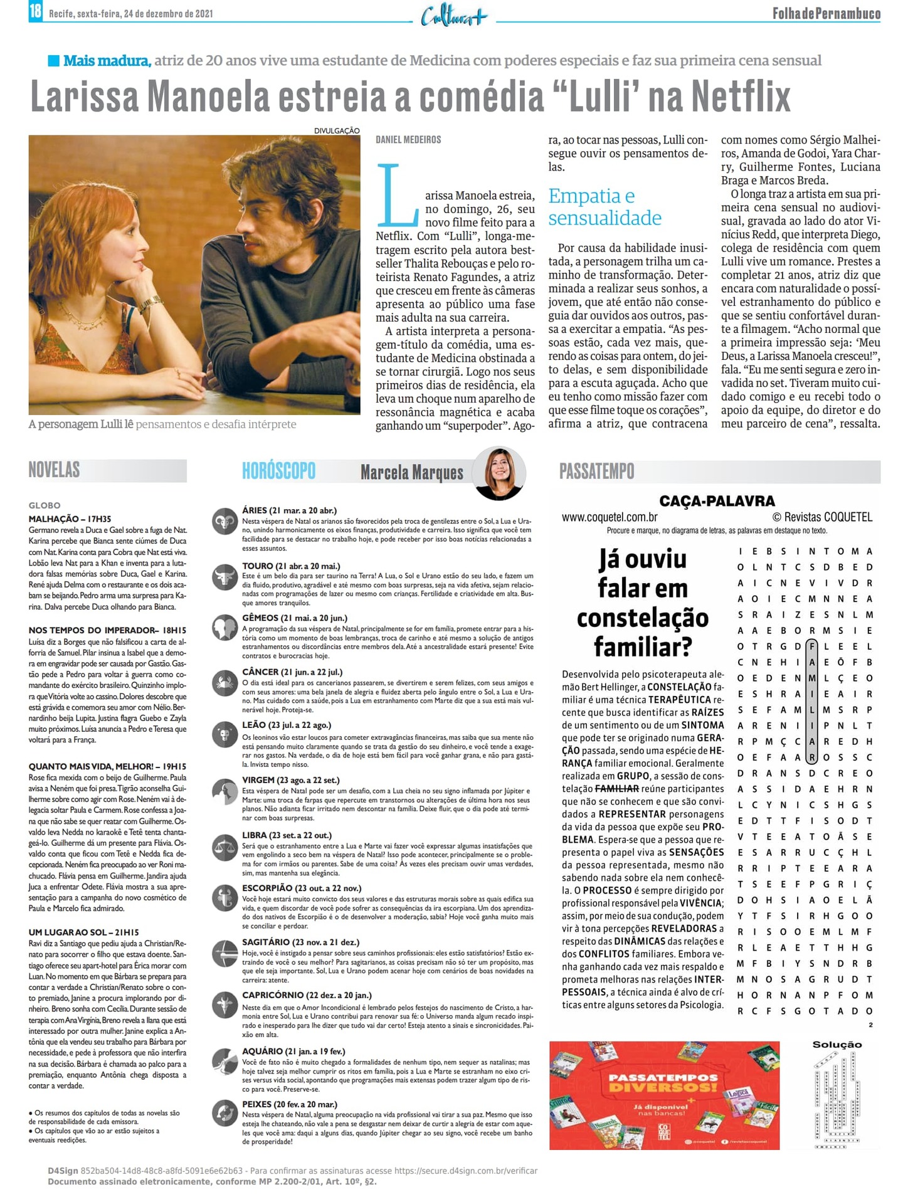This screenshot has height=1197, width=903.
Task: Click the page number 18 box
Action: tap(35, 11)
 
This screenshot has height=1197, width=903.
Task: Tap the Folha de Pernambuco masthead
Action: tap(826, 13)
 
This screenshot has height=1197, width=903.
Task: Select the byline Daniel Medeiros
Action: tap(408, 140)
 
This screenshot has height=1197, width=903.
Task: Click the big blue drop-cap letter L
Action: tap(396, 195)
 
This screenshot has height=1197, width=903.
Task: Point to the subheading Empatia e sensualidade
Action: tap(605, 207)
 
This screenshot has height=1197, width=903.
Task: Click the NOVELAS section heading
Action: tap(55, 470)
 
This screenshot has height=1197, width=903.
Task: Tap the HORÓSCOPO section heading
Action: tap(278, 471)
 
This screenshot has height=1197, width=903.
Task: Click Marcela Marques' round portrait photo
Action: tap(499, 473)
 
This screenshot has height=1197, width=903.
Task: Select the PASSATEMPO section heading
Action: tap(596, 471)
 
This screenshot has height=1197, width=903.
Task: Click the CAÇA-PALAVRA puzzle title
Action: tap(717, 500)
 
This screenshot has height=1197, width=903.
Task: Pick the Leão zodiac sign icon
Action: tap(224, 734)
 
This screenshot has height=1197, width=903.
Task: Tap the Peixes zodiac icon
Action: tap(224, 1113)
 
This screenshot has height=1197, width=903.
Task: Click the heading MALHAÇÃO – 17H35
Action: tap(70, 519)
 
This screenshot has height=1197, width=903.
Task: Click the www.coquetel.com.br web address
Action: tap(610, 517)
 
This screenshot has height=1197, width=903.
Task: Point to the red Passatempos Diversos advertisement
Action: tap(664, 1095)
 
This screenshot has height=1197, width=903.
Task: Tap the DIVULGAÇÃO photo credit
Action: tap(337, 130)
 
